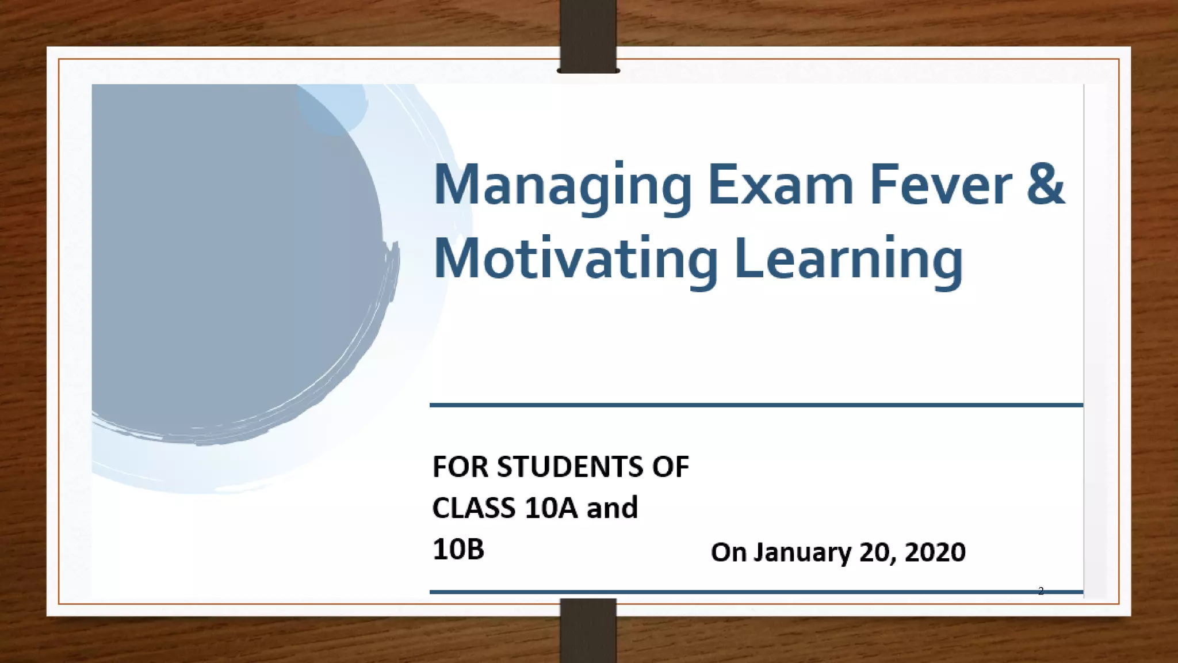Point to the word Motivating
coord(576,260)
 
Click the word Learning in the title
coord(848,260)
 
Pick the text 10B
coord(458,550)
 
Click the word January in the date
coord(802,552)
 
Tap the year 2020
coord(935,552)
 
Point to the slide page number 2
coord(1041,591)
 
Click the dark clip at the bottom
coord(588,630)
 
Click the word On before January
coord(728,552)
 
